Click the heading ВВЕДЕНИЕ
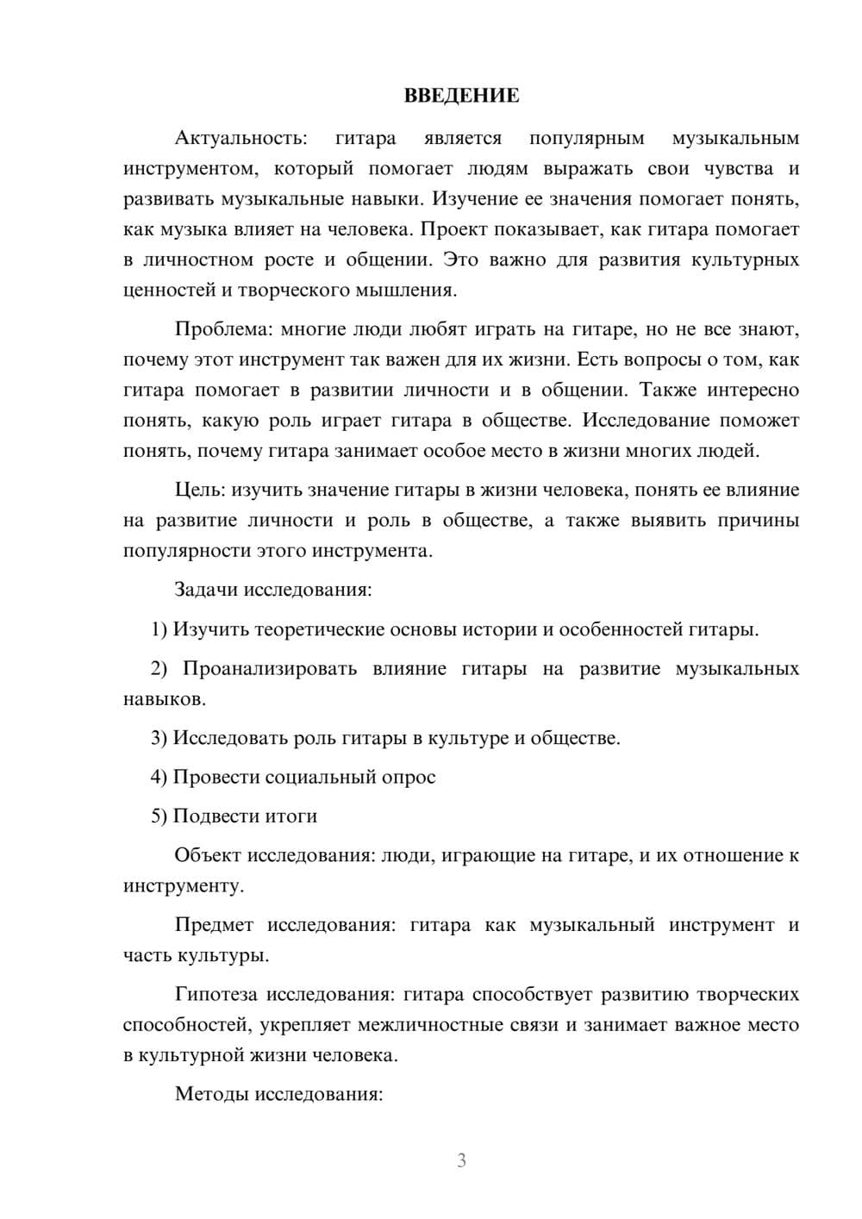(x=461, y=96)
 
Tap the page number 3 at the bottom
(x=461, y=1160)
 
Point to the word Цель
(x=200, y=490)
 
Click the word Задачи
(x=207, y=591)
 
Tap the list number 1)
(x=159, y=629)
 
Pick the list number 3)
(x=159, y=738)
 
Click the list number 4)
(x=159, y=777)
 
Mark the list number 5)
(x=159, y=816)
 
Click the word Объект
(x=208, y=855)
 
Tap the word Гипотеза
(x=215, y=994)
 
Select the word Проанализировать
(x=270, y=669)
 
